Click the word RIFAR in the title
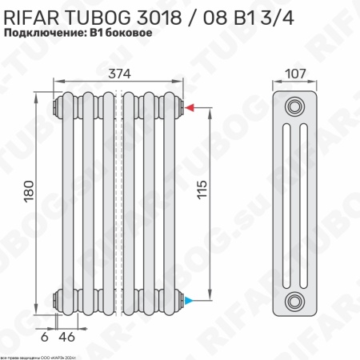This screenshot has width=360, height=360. click(x=33, y=14)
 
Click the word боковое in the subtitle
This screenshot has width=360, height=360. click(x=126, y=34)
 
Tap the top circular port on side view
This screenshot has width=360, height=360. click(x=296, y=106)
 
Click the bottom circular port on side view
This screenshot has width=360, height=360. click(x=296, y=302)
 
